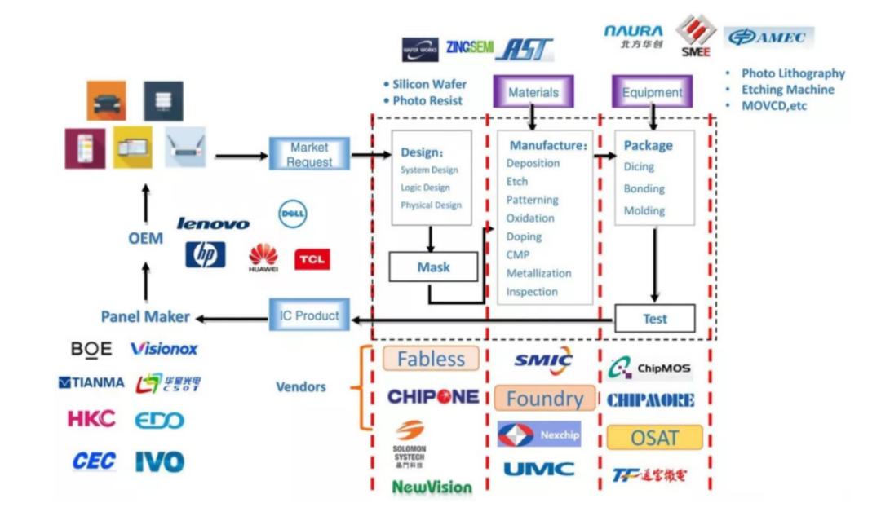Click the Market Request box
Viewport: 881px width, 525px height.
(309, 155)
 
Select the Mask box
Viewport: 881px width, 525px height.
(433, 267)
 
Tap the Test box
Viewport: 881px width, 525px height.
(654, 319)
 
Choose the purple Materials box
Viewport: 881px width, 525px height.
(533, 92)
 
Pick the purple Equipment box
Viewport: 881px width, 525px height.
(653, 92)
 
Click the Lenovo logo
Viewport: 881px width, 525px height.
(214, 223)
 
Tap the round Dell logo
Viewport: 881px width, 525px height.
(293, 214)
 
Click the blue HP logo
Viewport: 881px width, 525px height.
(206, 255)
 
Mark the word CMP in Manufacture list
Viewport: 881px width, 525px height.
(518, 255)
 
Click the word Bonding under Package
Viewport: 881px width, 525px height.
(644, 188)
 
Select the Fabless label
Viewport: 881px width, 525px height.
(431, 359)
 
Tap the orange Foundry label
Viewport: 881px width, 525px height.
(545, 399)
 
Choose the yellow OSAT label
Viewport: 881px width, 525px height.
(654, 438)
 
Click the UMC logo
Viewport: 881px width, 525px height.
(538, 469)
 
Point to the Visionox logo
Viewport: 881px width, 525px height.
(164, 349)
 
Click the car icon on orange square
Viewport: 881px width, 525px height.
(107, 101)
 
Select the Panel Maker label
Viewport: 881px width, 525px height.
(145, 317)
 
